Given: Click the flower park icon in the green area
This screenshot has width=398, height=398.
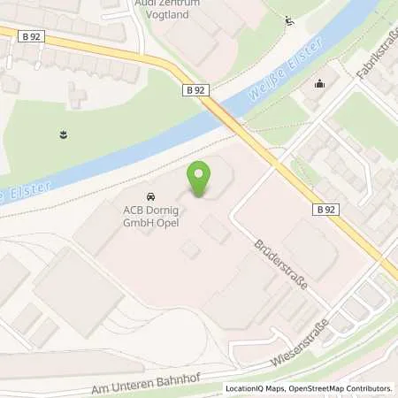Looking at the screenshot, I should click(65, 135).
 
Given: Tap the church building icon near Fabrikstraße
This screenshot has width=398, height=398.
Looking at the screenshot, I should click(319, 85).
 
